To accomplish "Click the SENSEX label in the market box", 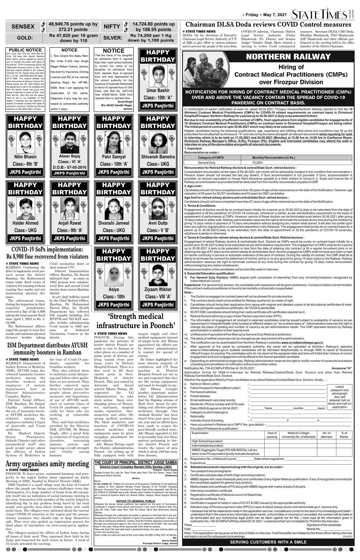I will coord(23,27).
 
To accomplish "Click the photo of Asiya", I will coord(114,274).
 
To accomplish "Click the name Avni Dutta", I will coord(158,223).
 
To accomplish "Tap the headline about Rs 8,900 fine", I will coord(47,253).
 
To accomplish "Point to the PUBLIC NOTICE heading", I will coord(25,50).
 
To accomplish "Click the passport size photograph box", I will coord(340,397).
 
